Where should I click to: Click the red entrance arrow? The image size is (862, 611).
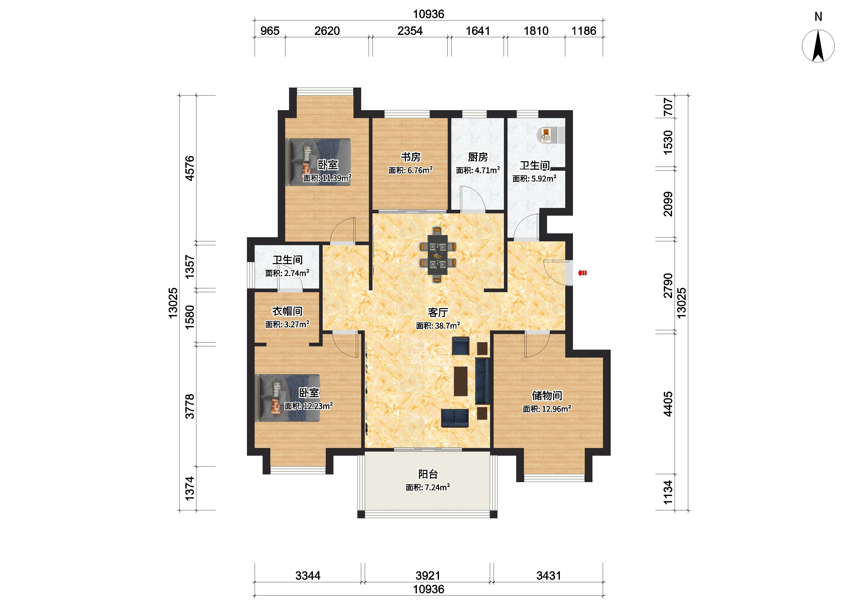coord(582,273)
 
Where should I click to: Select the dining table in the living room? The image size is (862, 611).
coord(437,254)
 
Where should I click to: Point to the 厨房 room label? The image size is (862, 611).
coord(478,157)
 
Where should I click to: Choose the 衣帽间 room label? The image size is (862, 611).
coord(287,311)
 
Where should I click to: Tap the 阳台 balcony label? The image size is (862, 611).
coord(428,474)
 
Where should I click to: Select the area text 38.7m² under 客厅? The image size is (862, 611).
coord(447,326)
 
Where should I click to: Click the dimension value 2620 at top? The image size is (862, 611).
coord(327,31)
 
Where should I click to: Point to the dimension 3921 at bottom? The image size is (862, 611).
coord(428,576)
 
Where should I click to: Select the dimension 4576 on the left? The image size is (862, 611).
coord(190,168)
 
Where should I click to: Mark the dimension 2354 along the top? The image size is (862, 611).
coord(410,31)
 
